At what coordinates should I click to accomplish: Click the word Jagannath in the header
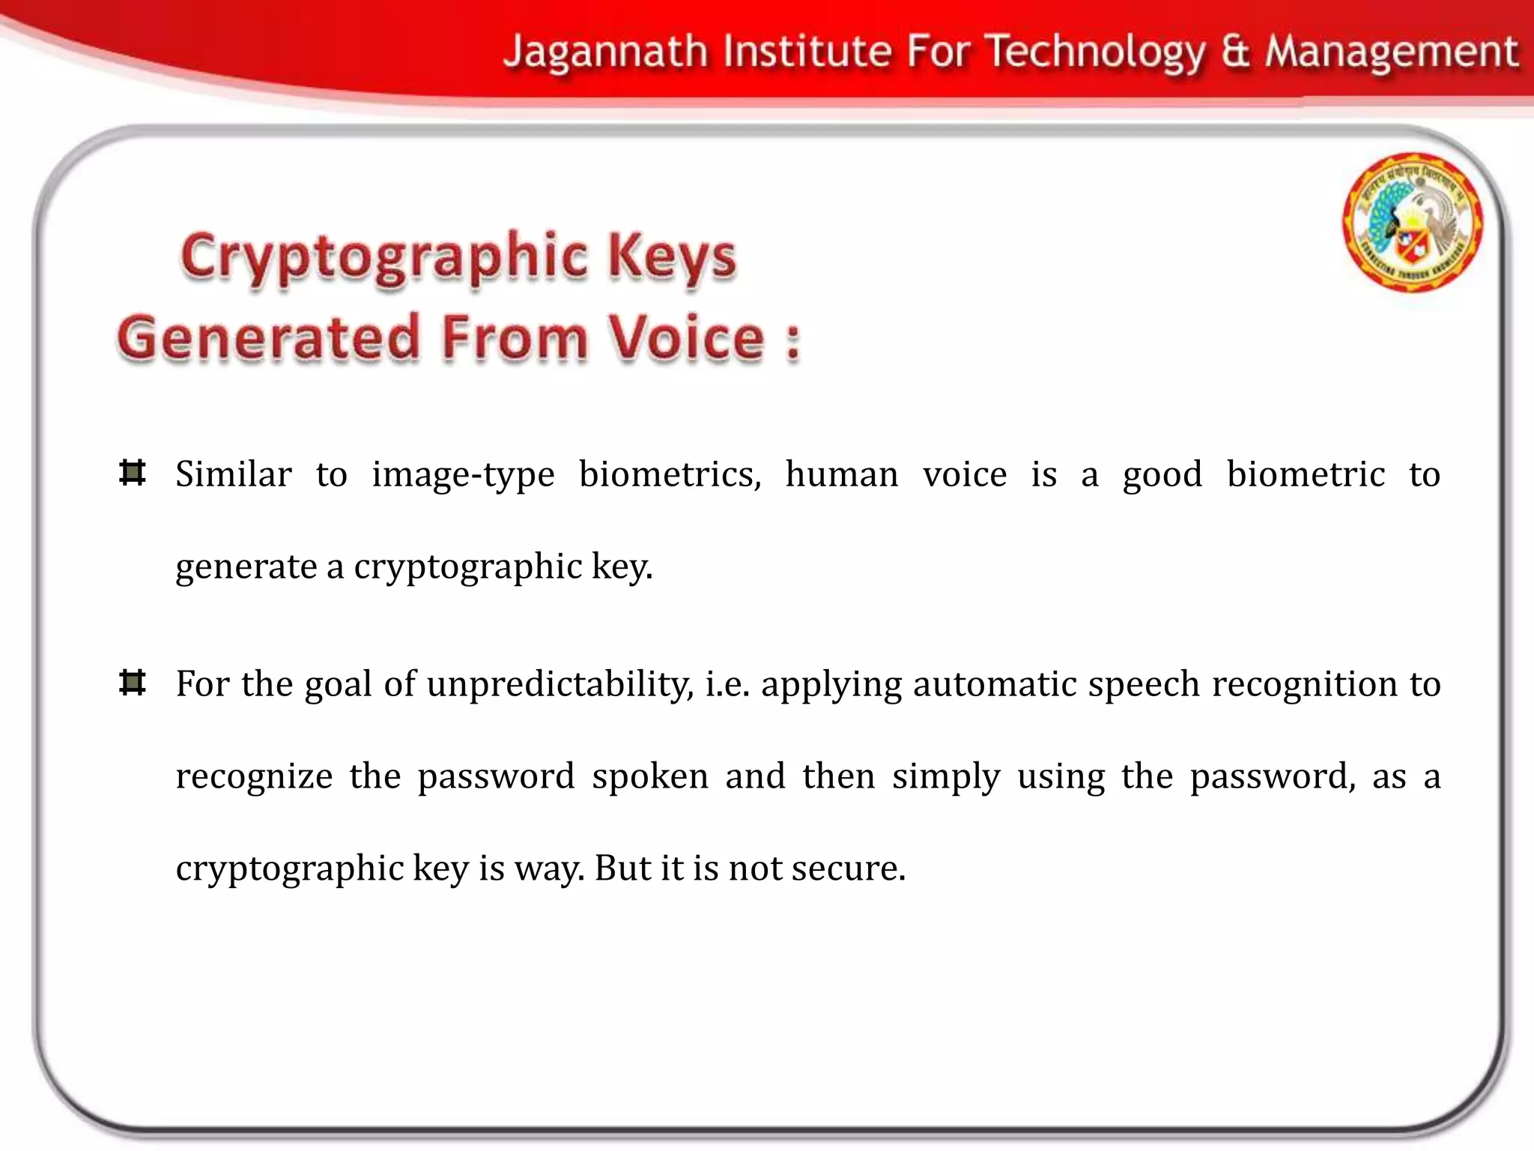click(605, 52)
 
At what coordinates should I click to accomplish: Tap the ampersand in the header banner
click(1235, 52)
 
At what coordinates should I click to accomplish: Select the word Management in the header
click(1391, 52)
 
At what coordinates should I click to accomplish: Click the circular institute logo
click(1411, 222)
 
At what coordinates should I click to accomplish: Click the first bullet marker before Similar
click(133, 473)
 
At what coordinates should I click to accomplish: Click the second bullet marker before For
click(133, 683)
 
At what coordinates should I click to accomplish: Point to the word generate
click(246, 567)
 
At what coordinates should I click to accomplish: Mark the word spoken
click(649, 776)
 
